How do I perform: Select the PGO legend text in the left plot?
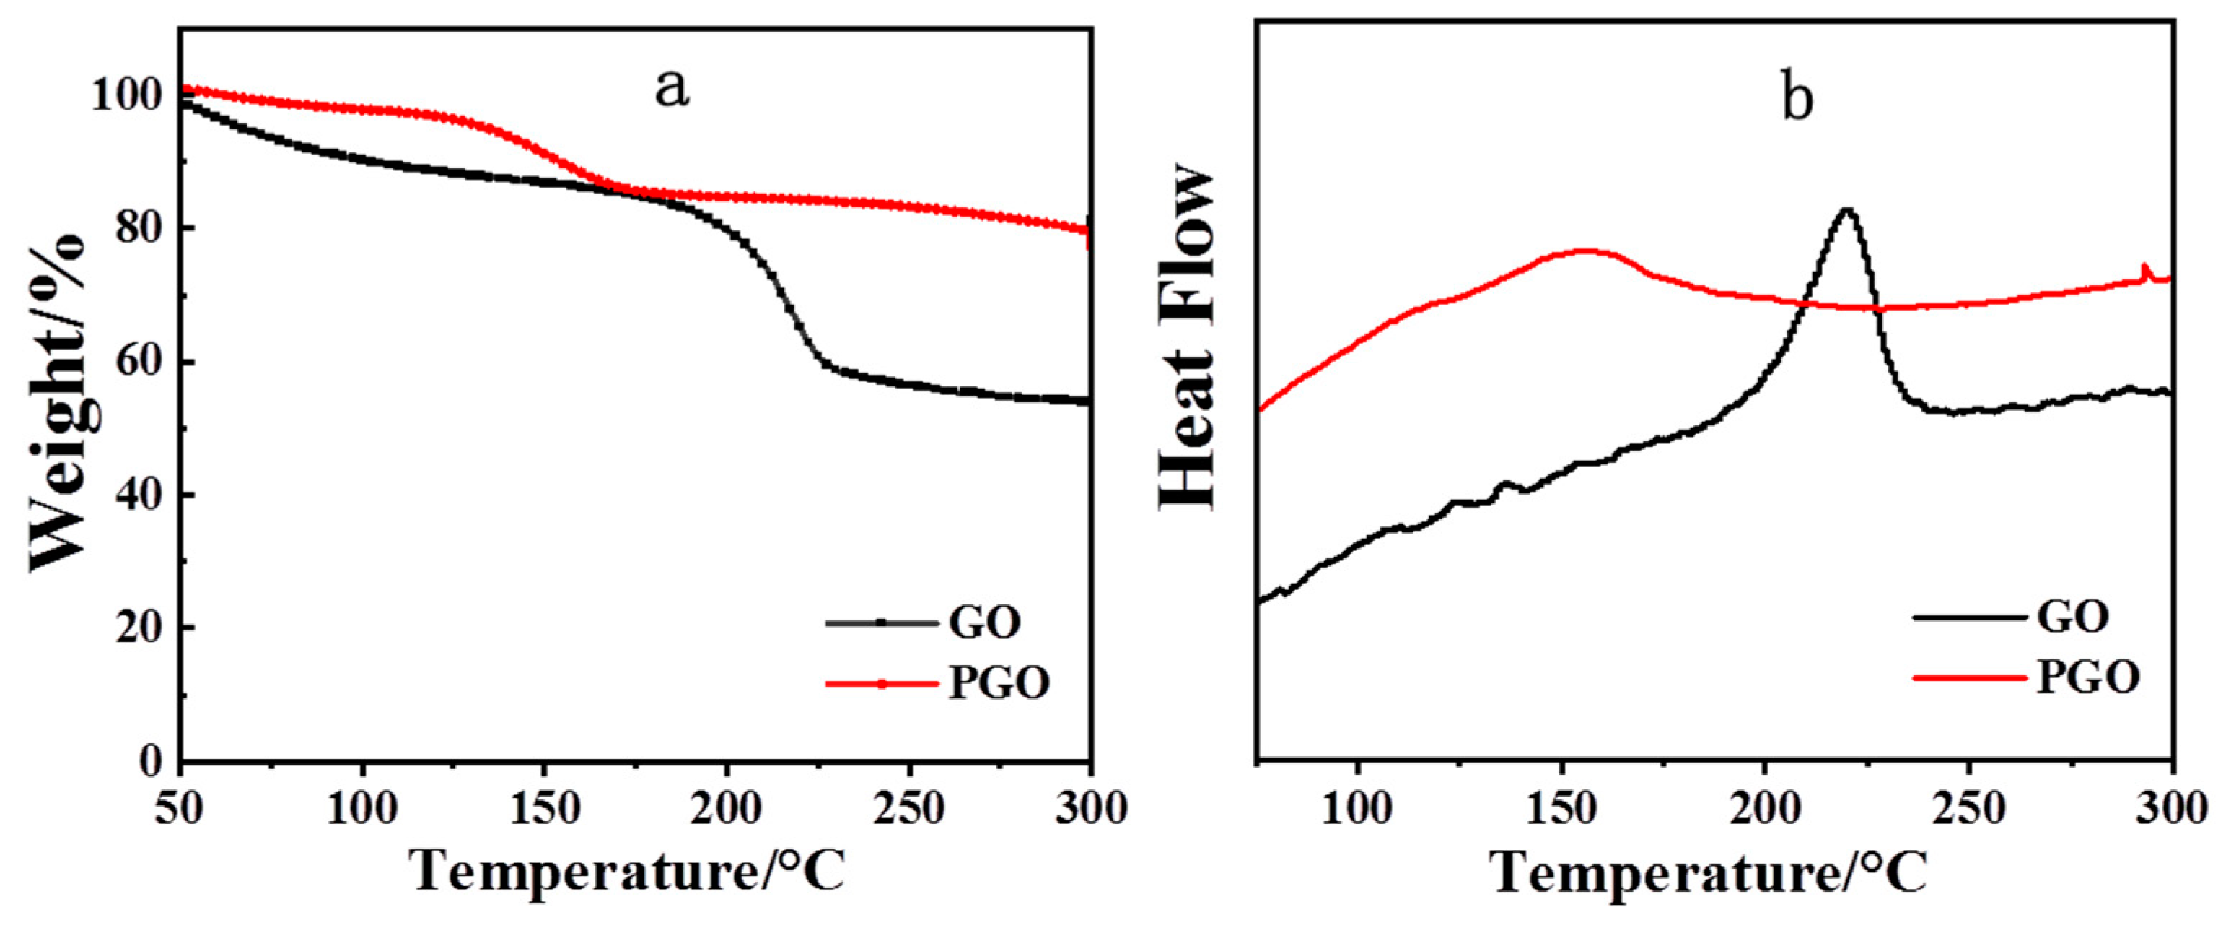coord(999,684)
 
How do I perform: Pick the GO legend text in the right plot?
coord(2072,617)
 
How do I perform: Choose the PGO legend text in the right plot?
coord(2087,677)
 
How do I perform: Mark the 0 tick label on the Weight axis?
coord(152,762)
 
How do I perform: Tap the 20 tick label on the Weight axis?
coord(139,628)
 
